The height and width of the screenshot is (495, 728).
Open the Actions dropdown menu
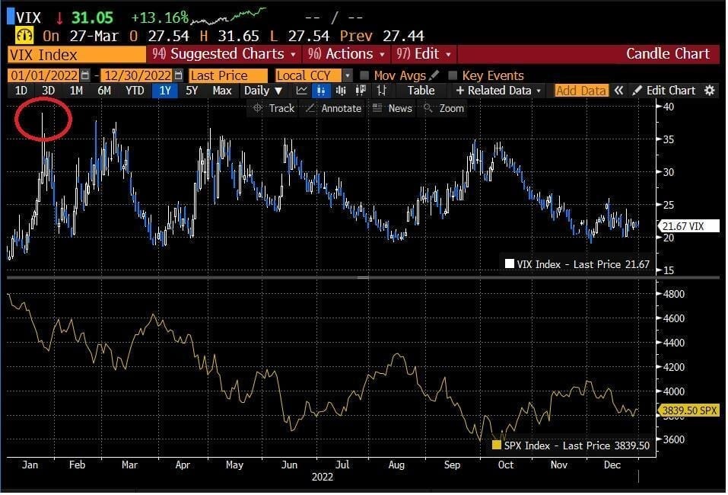point(346,54)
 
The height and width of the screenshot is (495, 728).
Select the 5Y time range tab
point(192,90)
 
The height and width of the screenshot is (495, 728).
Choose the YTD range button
point(135,90)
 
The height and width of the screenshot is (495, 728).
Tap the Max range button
point(222,90)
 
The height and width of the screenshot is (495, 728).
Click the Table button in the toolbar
point(421,90)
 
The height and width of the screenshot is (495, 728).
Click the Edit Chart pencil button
point(664,90)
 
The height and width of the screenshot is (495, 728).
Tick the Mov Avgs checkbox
point(364,75)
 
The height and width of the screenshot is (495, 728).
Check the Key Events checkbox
point(453,75)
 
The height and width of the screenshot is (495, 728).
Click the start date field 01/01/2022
point(44,75)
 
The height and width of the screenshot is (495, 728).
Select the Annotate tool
point(333,108)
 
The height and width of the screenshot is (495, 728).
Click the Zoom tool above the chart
point(443,108)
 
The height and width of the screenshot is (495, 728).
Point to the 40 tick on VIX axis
point(668,107)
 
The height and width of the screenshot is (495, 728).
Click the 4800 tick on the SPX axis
point(672,294)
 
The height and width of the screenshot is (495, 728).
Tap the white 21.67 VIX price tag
point(689,226)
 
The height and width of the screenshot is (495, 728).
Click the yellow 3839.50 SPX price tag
point(689,410)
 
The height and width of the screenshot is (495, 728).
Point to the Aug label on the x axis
point(396,465)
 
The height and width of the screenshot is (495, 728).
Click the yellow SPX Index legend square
point(496,445)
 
